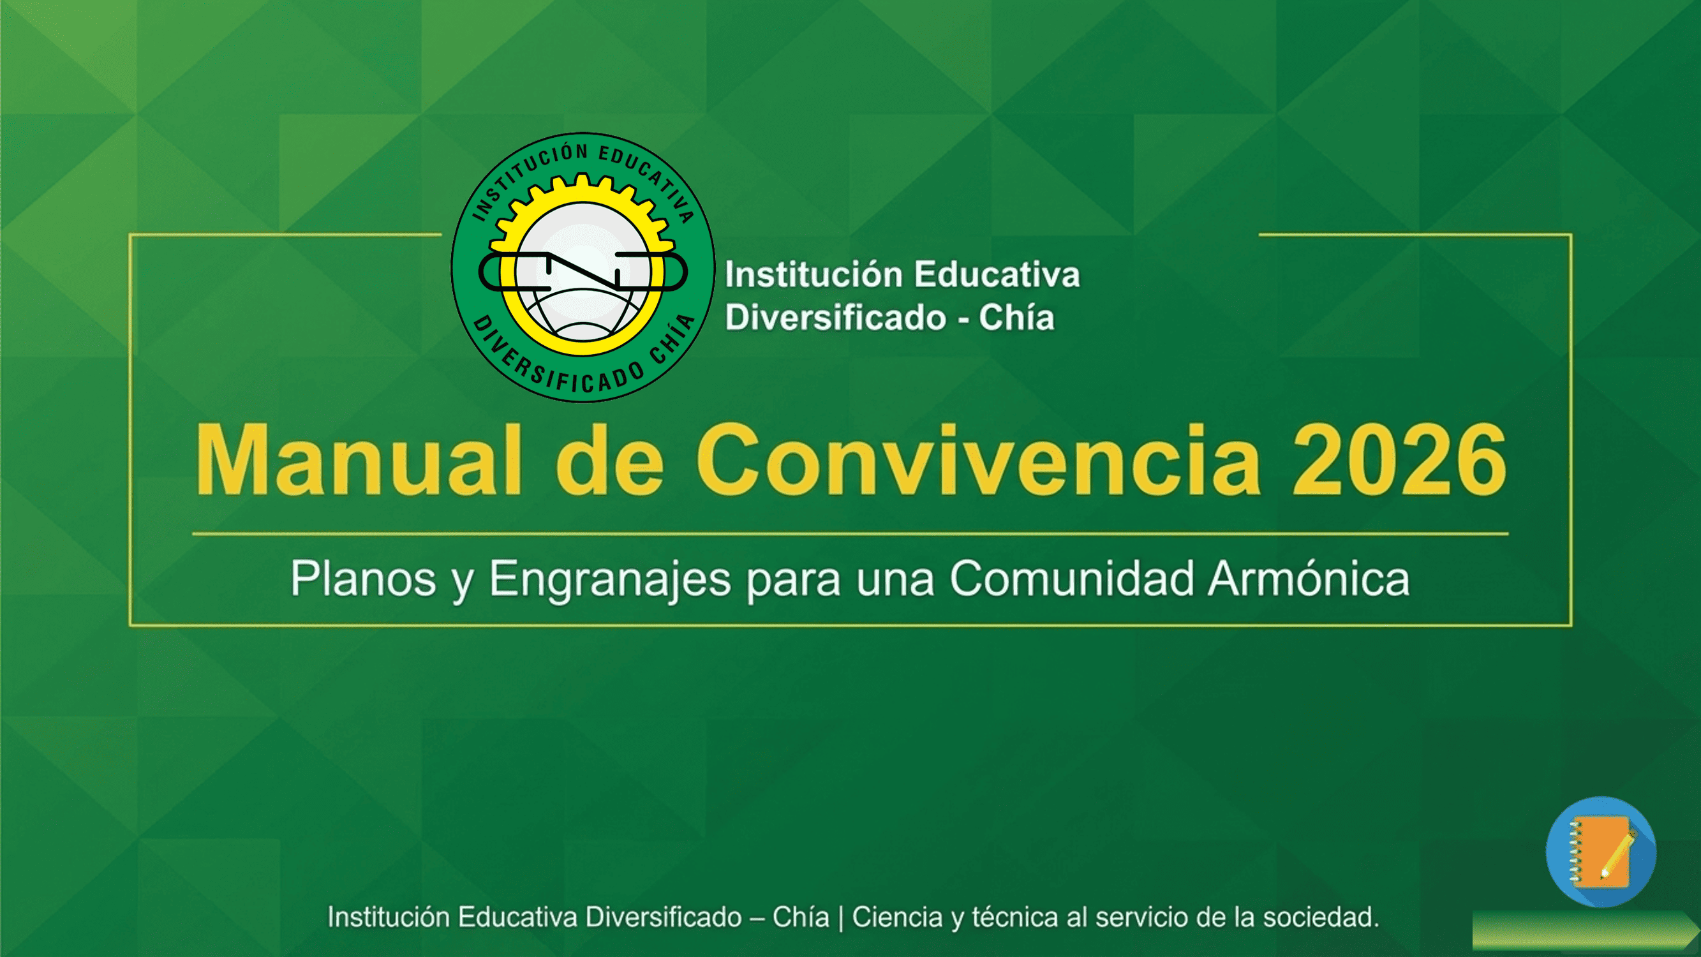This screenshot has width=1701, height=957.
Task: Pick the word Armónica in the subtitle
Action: [x=1309, y=579]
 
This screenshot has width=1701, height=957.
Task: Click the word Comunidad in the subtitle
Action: [x=1072, y=579]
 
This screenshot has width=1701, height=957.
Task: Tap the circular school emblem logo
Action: [x=583, y=267]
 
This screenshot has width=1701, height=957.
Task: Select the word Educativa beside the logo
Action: [x=997, y=275]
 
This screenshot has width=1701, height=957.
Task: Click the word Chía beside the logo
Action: [x=1016, y=318]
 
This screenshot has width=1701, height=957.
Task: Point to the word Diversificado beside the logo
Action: [x=835, y=318]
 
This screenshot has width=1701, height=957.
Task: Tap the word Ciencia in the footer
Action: [x=896, y=917]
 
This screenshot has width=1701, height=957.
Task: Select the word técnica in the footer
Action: [x=1014, y=917]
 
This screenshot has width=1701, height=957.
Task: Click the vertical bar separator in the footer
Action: [x=840, y=918]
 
